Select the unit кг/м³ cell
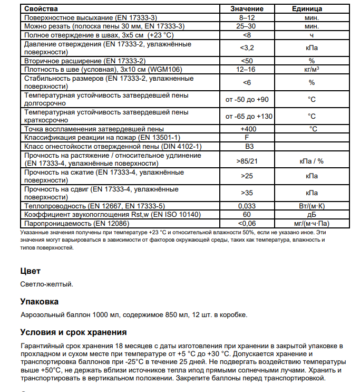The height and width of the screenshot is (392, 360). pyautogui.click(x=312, y=69)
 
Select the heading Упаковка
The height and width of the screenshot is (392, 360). pyautogui.click(x=39, y=301)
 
